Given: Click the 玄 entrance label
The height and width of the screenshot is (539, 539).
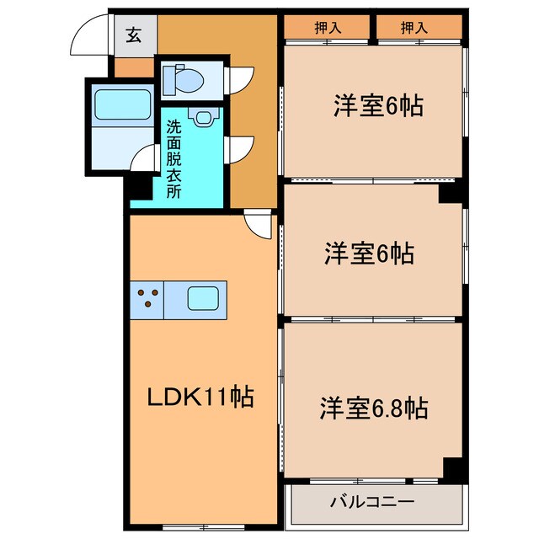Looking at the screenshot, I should pos(134,35).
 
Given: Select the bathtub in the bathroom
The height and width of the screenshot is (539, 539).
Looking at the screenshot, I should pos(122,105).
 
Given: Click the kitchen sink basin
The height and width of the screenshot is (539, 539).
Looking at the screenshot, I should pos(203,298).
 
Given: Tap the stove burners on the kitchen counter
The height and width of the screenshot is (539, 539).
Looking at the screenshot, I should pos(148,298).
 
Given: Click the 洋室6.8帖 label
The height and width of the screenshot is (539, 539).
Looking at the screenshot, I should pos(372,408).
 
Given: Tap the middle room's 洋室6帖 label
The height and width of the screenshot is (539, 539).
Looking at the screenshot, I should pos(370,253).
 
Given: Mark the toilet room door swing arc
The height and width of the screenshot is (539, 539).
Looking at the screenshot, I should pos(240,77).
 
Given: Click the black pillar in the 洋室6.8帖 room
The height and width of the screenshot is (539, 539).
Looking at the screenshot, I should pos(454,469).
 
